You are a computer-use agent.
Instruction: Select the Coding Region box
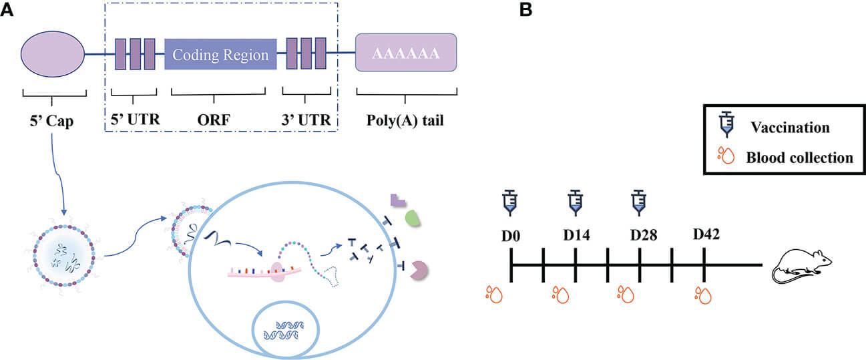220,54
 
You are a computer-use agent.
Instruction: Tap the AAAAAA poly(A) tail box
406,53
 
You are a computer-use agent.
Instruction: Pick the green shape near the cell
412,218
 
